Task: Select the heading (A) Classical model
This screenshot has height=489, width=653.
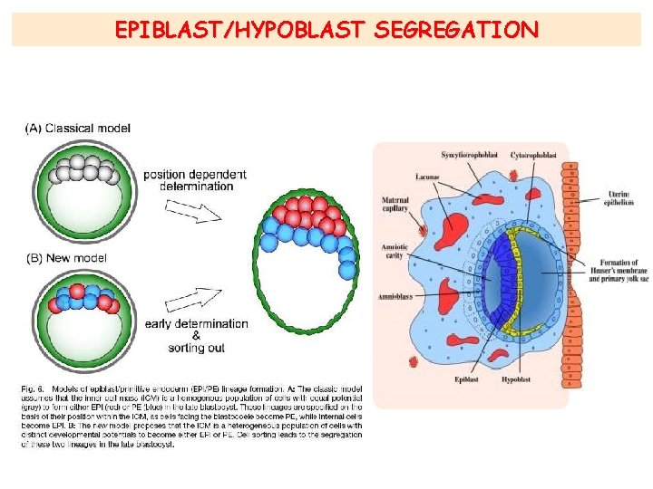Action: coord(77,129)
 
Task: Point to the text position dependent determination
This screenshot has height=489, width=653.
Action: coord(194,179)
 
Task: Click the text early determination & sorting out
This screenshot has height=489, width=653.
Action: coord(196,335)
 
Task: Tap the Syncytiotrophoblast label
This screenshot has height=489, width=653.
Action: coord(470,155)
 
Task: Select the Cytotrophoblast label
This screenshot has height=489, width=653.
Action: coord(534,155)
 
